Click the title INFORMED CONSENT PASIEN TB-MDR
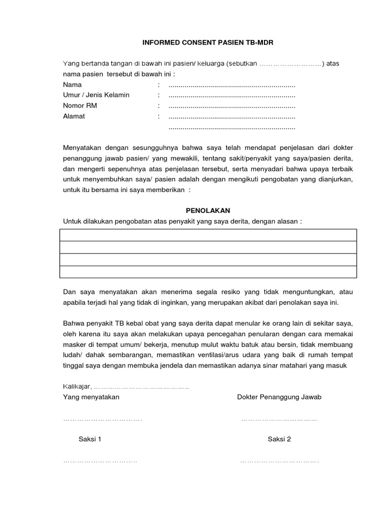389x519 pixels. (x=207, y=43)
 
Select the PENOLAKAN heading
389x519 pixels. (x=208, y=210)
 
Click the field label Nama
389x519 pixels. (x=72, y=85)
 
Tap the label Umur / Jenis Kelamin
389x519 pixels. (x=96, y=95)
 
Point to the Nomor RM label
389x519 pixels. (x=80, y=105)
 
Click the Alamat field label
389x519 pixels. (x=74, y=116)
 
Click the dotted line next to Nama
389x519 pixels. (x=231, y=85)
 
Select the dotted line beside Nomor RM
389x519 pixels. (x=231, y=106)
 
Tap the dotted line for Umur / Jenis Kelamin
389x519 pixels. (x=231, y=95)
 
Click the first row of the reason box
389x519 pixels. (x=208, y=235)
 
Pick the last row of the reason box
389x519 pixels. (x=208, y=272)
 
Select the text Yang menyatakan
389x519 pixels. (x=91, y=397)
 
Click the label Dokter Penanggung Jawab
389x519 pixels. (x=279, y=397)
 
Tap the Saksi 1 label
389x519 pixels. (x=90, y=439)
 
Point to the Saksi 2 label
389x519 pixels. (x=279, y=439)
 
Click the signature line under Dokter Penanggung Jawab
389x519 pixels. (x=279, y=420)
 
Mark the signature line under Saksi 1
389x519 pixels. (x=100, y=461)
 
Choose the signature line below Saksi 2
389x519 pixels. (x=279, y=461)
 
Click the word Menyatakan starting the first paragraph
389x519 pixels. (x=82, y=147)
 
